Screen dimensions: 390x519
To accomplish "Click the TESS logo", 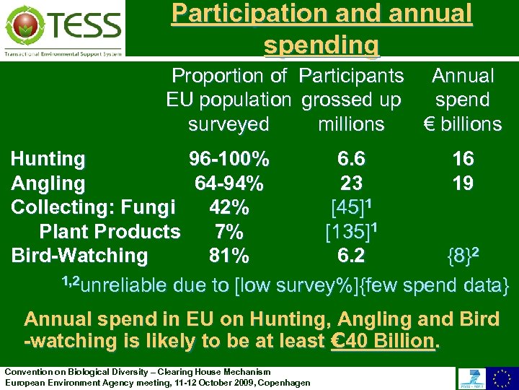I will pos(63,28).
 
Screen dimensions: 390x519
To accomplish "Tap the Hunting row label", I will pos(48,159).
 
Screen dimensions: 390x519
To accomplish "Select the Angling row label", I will pos(48,183).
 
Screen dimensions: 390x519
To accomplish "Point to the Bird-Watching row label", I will pos(79,256).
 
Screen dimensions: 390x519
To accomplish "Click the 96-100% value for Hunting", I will pos(229,159).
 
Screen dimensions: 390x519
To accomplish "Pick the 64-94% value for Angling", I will pos(229,183).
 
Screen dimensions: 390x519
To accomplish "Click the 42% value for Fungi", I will pos(229,207).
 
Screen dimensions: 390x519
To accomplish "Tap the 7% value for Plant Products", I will pos(229,232).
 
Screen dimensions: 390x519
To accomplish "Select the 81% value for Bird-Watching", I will pos(229,256).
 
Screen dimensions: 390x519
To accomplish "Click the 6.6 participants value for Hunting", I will pos(351,159).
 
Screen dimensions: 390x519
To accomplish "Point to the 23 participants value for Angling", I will pos(351,183).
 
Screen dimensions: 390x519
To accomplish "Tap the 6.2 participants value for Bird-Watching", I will pos(351,256).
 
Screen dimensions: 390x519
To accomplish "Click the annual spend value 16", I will pos(463,159).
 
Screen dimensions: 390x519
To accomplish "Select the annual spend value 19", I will pos(463,183).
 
